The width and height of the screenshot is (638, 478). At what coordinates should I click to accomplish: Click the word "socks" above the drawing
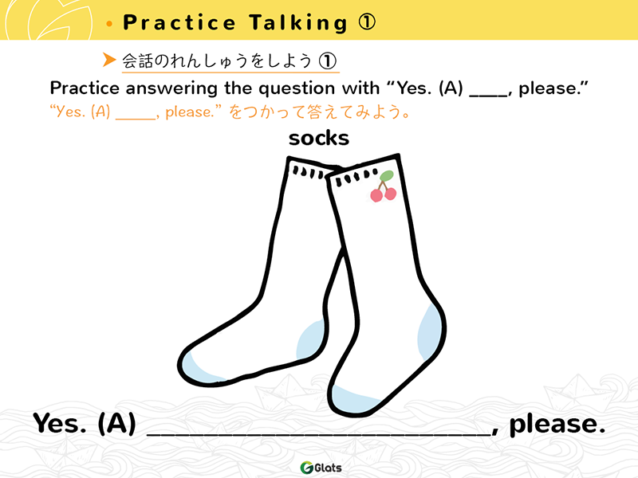tap(318, 138)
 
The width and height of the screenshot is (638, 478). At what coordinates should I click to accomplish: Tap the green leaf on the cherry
tap(387, 176)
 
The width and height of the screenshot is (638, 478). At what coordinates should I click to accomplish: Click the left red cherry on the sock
tap(376, 195)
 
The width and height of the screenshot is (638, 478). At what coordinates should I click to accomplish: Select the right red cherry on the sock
tap(390, 194)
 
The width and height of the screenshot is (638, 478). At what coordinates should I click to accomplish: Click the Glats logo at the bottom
tap(321, 468)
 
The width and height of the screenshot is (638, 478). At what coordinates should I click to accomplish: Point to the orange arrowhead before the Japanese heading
tap(109, 59)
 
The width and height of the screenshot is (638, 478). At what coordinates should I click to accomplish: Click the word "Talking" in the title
tap(298, 23)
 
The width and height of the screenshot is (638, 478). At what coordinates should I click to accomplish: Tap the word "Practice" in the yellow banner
tap(179, 22)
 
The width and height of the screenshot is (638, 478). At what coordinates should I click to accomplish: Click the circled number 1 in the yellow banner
tap(367, 22)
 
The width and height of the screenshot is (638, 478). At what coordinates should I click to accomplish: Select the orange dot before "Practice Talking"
tap(109, 24)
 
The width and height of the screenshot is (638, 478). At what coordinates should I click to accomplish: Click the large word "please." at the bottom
tap(557, 425)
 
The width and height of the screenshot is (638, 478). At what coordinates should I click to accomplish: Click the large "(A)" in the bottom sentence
tap(116, 424)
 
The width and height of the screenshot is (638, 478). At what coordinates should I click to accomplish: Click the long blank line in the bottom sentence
tap(319, 434)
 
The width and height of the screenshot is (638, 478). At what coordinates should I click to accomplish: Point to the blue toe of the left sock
tap(199, 369)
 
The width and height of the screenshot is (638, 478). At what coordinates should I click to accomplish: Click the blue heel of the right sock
tap(429, 331)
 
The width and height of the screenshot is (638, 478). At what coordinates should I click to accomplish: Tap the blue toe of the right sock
tap(354, 400)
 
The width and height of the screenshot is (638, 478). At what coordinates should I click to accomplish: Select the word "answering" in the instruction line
tap(171, 88)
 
